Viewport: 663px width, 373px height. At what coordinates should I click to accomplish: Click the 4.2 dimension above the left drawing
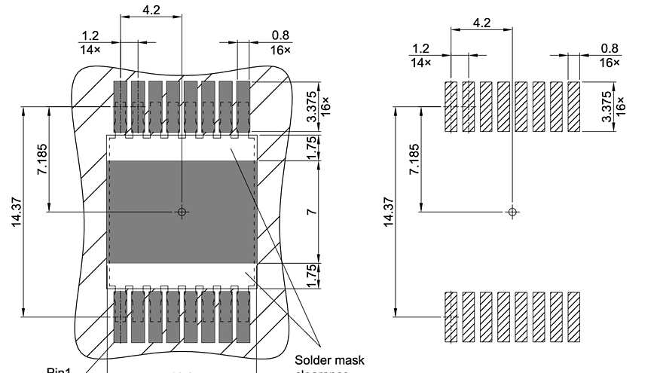(151, 11)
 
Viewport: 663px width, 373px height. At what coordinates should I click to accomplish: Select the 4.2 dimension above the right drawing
(481, 23)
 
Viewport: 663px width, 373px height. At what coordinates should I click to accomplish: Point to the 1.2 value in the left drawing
(90, 35)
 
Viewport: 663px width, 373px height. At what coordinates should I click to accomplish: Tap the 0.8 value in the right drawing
(610, 48)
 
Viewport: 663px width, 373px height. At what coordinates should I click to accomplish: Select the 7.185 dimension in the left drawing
(42, 160)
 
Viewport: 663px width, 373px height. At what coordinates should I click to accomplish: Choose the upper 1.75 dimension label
(311, 148)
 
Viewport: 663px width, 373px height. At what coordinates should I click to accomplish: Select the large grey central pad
(182, 211)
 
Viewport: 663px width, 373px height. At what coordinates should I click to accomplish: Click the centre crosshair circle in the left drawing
(182, 212)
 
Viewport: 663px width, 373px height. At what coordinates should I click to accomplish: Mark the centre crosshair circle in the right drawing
(512, 212)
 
